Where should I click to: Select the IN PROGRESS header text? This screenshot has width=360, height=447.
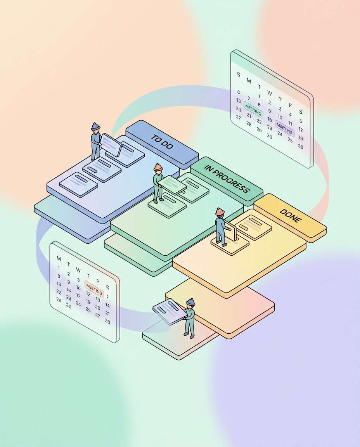(227, 179)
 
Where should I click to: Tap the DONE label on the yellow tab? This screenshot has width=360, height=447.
(290, 216)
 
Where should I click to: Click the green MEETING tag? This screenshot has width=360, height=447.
(253, 110)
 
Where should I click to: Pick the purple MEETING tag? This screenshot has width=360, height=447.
(284, 128)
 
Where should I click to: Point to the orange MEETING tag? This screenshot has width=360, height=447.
(94, 289)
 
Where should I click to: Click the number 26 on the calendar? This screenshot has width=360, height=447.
(300, 146)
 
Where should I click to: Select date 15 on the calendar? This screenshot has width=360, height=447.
(59, 284)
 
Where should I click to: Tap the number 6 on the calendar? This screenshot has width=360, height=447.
(239, 92)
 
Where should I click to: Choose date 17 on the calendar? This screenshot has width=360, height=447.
(78, 295)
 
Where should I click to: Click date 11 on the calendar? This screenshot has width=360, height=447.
(290, 123)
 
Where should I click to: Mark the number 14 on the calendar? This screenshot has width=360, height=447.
(107, 305)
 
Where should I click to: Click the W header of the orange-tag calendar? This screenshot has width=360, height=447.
(78, 270)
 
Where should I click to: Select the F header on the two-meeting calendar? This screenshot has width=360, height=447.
(290, 105)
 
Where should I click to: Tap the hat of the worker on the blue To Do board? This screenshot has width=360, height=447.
(95, 126)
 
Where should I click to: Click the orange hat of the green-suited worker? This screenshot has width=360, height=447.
(158, 167)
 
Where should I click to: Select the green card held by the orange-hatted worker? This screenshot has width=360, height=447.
(172, 185)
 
